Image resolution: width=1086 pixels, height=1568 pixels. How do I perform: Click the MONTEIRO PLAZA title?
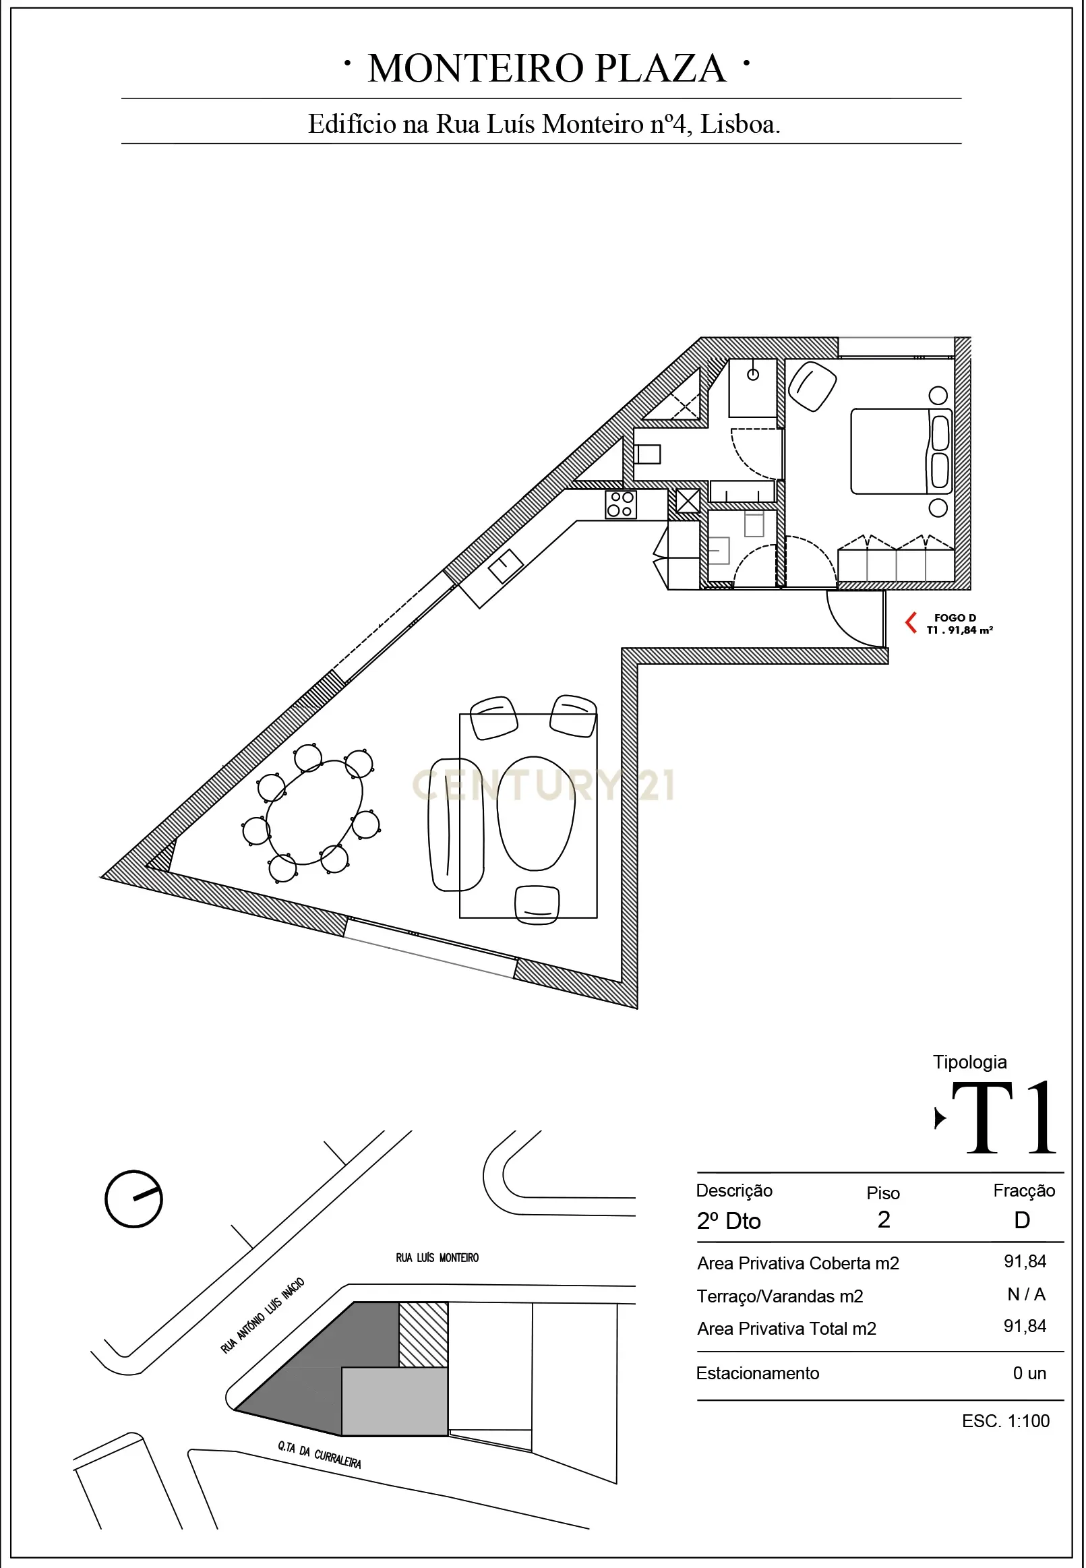click(x=547, y=69)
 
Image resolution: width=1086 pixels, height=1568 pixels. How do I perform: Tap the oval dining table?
click(x=314, y=812)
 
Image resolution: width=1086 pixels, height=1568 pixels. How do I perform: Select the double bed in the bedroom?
click(x=901, y=451)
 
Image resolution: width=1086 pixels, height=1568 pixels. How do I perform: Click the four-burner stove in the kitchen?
click(x=621, y=505)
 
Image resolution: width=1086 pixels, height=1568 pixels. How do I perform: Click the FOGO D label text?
click(x=955, y=617)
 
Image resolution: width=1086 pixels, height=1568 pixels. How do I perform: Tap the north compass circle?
click(x=133, y=1199)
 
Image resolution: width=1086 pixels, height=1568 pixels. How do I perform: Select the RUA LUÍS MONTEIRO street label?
click(x=437, y=1258)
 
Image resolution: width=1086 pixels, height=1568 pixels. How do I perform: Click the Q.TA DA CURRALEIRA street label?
click(x=319, y=1454)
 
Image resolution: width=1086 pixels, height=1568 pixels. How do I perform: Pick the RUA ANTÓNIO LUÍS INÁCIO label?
click(x=262, y=1316)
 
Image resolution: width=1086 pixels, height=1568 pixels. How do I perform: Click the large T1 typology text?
click(x=1004, y=1118)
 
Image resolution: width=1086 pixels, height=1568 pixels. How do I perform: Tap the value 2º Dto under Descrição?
click(x=729, y=1221)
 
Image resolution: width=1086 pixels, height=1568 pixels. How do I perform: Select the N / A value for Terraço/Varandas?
click(x=1026, y=1294)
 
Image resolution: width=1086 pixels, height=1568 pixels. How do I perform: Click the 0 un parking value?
click(x=1029, y=1373)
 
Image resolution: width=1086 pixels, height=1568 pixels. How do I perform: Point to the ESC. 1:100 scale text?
click(x=1006, y=1420)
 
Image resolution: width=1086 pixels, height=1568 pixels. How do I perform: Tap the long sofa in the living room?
click(x=455, y=824)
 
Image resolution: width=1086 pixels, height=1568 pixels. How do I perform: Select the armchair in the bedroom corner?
click(x=812, y=386)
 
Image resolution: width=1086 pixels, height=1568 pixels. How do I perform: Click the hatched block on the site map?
click(x=423, y=1335)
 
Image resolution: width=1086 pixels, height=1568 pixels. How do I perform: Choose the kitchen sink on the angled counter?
click(x=506, y=566)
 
